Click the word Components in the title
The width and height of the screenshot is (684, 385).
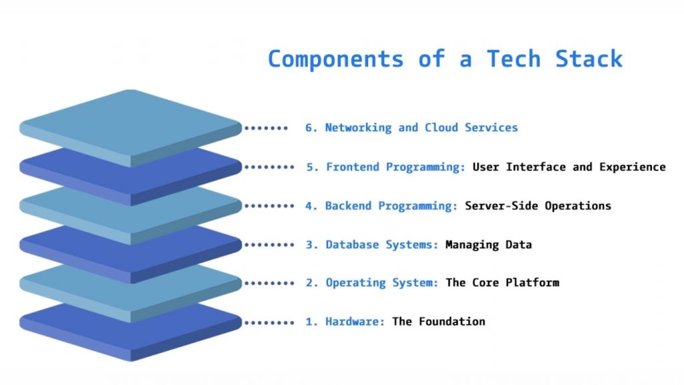coord(335,59)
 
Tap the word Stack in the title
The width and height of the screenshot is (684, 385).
coord(588,59)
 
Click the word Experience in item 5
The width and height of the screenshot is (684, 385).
coord(633,167)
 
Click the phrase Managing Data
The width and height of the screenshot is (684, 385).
coord(488,245)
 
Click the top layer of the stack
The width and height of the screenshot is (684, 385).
coord(130,124)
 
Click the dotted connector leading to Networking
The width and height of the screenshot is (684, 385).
coord(266,128)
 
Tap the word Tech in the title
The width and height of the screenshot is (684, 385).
coord(512,59)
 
